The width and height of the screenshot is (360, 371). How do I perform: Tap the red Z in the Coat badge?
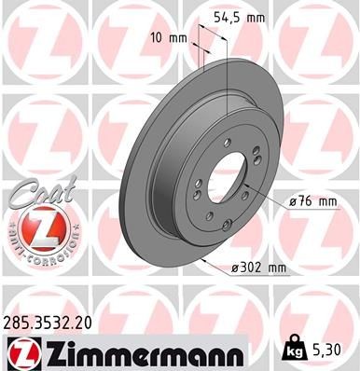[35, 226]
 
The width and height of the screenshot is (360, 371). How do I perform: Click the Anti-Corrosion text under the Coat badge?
[35, 254]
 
